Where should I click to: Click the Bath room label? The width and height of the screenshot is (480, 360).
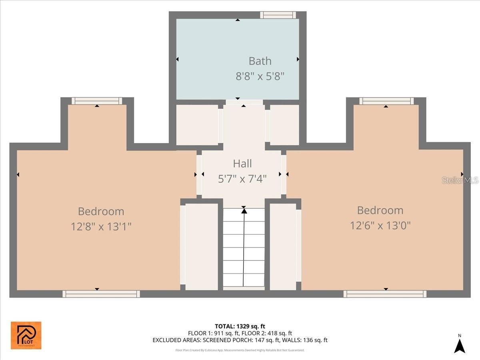pyautogui.click(x=260, y=61)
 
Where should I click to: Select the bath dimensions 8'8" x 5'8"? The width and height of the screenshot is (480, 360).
pyautogui.click(x=260, y=76)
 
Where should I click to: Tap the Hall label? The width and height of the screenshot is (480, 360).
pyautogui.click(x=242, y=163)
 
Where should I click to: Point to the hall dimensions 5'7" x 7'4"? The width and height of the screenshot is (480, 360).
pyautogui.click(x=242, y=178)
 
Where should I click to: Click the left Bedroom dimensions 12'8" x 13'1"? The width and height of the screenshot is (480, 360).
pyautogui.click(x=101, y=227)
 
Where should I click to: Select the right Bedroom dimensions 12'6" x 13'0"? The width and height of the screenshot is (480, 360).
pyautogui.click(x=380, y=226)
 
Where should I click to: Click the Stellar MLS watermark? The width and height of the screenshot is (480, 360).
pyautogui.click(x=460, y=180)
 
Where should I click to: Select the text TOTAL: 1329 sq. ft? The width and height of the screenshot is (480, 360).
pyautogui.click(x=240, y=326)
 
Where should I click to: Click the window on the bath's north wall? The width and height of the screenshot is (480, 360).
pyautogui.click(x=278, y=15)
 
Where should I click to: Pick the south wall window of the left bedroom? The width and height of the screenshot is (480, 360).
pyautogui.click(x=101, y=294)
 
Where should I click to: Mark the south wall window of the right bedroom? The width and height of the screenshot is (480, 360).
pyautogui.click(x=385, y=294)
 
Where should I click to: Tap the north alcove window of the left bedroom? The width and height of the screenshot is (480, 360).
pyautogui.click(x=97, y=101)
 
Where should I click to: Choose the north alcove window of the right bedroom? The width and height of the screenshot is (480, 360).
pyautogui.click(x=386, y=101)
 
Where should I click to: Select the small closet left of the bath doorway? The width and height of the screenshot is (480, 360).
pyautogui.click(x=197, y=125)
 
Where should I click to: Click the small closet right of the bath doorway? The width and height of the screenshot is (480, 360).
pyautogui.click(x=284, y=125)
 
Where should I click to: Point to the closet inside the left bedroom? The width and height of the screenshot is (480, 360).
pyautogui.click(x=202, y=247)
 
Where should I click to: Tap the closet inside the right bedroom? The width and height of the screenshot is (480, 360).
pyautogui.click(x=283, y=247)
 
